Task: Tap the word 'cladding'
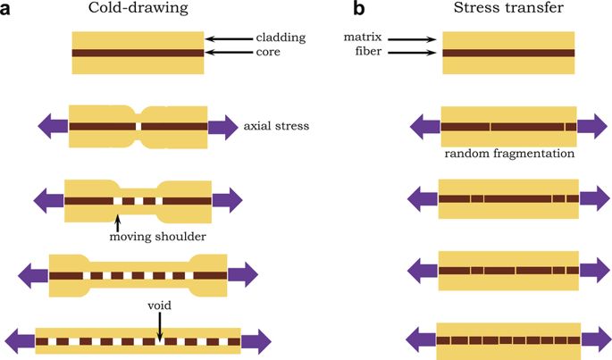pos(281,38)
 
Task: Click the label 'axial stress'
pos(276,127)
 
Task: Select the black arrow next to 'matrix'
pos(412,38)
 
